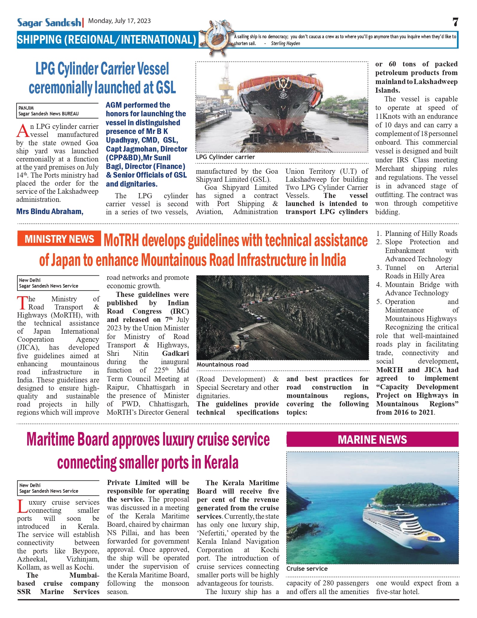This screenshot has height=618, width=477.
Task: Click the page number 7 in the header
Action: click(x=455, y=22)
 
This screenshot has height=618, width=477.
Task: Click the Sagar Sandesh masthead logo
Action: click(x=49, y=22)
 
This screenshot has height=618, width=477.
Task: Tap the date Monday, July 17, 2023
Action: click(x=119, y=21)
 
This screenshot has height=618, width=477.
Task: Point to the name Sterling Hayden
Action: click(x=285, y=43)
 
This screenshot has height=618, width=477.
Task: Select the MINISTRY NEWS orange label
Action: click(x=59, y=239)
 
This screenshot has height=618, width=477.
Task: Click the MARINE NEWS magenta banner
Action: click(x=372, y=440)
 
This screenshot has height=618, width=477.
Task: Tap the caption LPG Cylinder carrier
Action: click(x=225, y=157)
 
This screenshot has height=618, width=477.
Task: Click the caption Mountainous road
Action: click(x=223, y=364)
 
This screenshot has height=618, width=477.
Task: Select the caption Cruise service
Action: click(x=307, y=569)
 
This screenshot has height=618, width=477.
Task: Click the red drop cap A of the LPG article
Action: click(x=22, y=131)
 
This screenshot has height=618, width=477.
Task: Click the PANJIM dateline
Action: click(x=26, y=108)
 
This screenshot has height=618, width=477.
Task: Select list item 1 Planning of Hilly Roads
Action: click(x=417, y=234)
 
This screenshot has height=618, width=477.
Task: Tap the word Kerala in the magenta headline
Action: click(x=221, y=463)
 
